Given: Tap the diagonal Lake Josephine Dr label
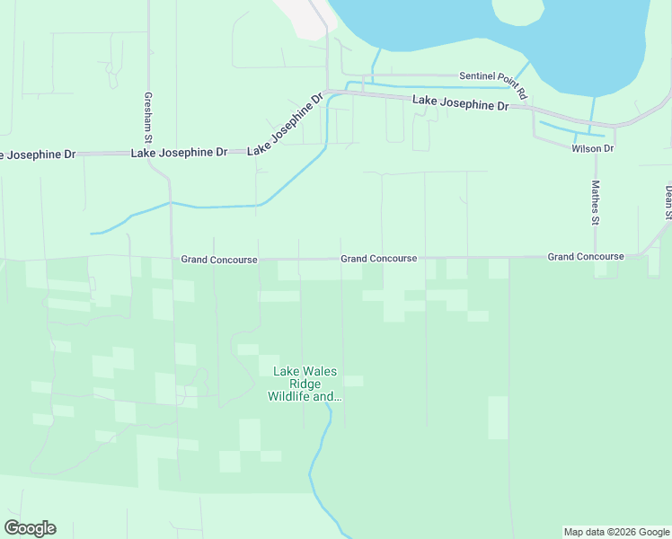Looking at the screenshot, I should (285, 124).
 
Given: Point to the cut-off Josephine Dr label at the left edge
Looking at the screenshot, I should (37, 155).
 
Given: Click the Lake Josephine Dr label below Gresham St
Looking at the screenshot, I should (179, 153).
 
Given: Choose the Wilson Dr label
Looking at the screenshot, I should (592, 148).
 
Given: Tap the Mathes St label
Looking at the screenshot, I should (595, 202).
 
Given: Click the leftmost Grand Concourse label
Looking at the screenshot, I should (219, 260).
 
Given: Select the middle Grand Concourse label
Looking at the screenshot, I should (378, 259).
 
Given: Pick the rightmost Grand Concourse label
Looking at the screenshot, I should (586, 257).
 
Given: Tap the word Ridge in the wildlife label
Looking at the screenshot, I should (305, 383).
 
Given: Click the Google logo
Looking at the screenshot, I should (30, 528).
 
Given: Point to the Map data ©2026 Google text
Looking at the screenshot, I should (616, 532).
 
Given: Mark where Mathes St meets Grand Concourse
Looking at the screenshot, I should (595, 257).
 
